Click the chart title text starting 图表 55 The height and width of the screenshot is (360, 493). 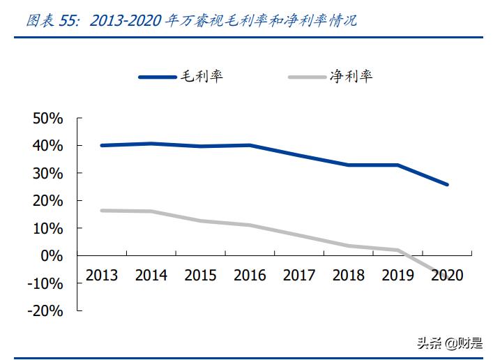(191, 20)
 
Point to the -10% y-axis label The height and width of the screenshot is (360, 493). (45, 283)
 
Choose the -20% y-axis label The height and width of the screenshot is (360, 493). (45, 311)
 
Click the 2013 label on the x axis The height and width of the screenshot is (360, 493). (102, 275)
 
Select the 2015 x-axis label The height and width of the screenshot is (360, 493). (201, 275)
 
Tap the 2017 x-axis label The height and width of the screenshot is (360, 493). (299, 275)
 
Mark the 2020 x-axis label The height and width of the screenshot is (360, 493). (447, 275)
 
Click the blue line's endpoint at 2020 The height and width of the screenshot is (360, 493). (447, 185)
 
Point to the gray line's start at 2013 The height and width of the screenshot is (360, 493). (102, 210)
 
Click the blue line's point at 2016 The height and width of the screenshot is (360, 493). (250, 145)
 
